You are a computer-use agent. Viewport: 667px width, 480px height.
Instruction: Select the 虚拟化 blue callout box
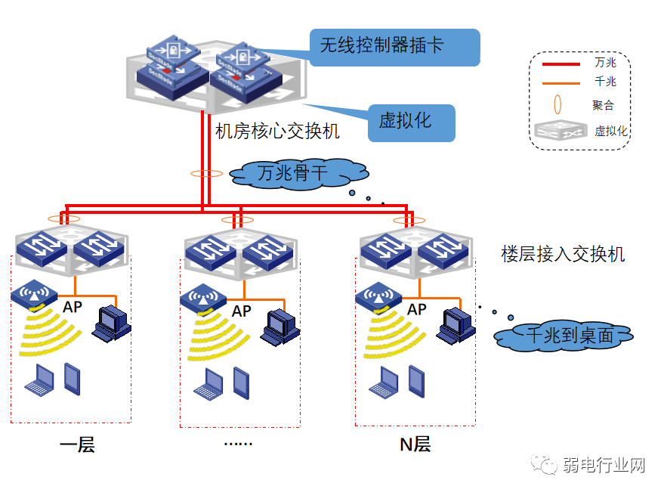click(x=412, y=121)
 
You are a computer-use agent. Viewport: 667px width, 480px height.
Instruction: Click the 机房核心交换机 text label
click(x=277, y=132)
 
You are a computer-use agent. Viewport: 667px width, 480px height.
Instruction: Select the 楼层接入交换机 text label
click(x=563, y=254)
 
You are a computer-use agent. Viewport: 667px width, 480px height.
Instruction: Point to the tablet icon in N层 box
click(x=416, y=379)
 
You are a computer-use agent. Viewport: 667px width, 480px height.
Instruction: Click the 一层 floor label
click(x=77, y=444)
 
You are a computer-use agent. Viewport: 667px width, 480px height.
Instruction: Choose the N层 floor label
click(x=415, y=444)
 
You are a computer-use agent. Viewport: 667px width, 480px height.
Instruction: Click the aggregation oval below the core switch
click(x=206, y=174)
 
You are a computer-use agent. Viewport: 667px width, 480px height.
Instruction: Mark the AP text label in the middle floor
click(x=242, y=311)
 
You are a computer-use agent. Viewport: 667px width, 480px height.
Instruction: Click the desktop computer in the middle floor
click(x=283, y=326)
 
